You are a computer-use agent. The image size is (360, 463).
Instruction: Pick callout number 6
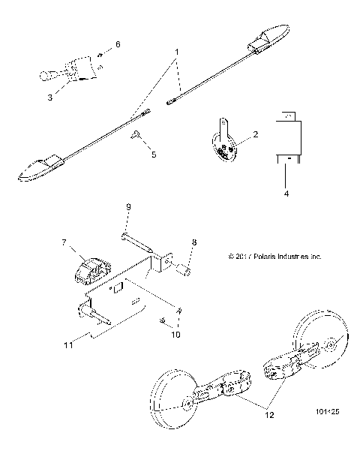tap(117, 46)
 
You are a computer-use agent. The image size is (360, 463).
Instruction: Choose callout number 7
tap(64, 242)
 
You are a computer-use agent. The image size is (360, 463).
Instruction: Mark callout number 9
tap(128, 207)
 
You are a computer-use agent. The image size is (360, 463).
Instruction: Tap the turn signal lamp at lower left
tap(39, 170)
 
